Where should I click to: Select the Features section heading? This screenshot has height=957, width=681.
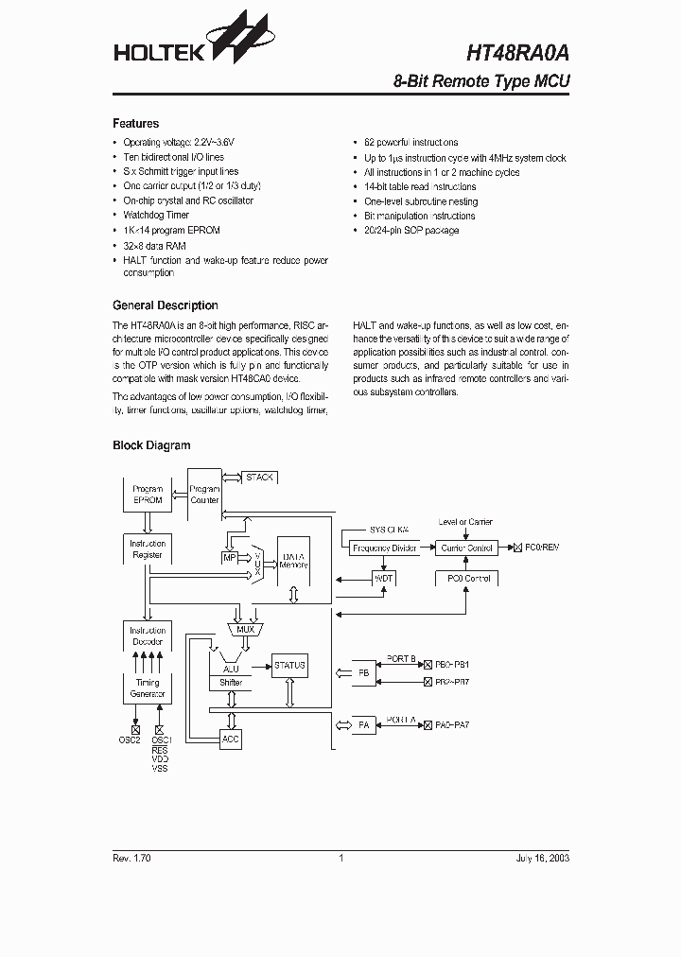[x=136, y=124]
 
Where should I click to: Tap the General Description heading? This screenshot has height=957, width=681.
[x=166, y=305]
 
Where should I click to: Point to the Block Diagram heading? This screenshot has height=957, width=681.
[x=151, y=445]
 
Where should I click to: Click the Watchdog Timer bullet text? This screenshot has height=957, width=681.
[x=156, y=216]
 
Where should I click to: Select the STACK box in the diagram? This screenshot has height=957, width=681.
[x=259, y=478]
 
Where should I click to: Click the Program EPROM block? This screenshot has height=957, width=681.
[x=148, y=495]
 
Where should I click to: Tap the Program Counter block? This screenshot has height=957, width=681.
[x=204, y=495]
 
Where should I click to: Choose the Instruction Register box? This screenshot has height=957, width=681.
[x=148, y=549]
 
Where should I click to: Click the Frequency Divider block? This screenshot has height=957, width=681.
[x=385, y=548]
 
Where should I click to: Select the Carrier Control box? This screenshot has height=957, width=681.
[x=467, y=548]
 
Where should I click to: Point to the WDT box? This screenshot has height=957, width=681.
[x=384, y=578]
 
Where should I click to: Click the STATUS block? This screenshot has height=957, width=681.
[x=289, y=665]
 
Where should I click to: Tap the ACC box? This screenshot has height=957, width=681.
[x=231, y=739]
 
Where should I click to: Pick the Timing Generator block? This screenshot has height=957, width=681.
[x=148, y=687]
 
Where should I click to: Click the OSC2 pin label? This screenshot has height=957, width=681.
[x=130, y=739]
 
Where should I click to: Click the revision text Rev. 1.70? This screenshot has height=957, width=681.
[x=132, y=858]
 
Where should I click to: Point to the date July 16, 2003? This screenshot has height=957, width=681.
[x=542, y=858]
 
